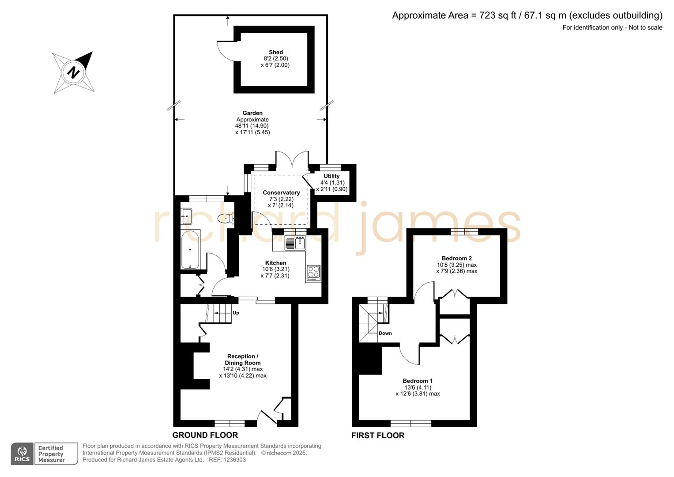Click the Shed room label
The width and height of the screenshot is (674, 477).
pos(276,52)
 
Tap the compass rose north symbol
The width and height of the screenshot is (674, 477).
pos(73,72)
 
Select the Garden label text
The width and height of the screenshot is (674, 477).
pos(252,113)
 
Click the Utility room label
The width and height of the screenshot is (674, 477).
pos(331,176)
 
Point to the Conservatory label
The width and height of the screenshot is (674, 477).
pos(281,193)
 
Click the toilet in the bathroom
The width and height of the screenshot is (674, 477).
pos(226,218)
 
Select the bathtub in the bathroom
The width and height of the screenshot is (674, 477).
pos(190,249)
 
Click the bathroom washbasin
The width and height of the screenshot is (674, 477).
pos(186,216)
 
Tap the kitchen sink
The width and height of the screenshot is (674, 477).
pos(295,243)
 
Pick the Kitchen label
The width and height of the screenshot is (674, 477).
pos(275,263)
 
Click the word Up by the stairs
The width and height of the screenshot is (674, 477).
pos(236,313)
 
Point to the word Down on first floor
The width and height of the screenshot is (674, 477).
pos(385,333)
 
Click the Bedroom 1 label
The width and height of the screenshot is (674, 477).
pos(417,381)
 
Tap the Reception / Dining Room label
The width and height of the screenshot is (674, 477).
pos(242,360)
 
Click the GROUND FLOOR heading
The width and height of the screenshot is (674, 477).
pos(205,435)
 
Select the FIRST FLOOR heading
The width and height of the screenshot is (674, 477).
pos(377,435)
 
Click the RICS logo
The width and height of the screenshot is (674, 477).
pos(22,454)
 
